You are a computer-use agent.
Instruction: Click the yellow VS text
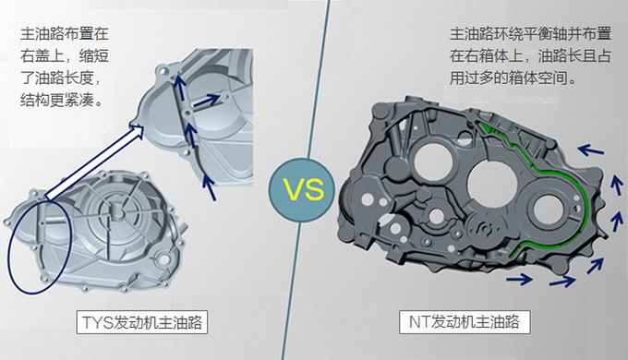click(304, 189)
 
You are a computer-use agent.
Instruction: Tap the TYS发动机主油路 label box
click(142, 322)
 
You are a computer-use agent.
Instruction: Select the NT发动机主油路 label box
click(465, 322)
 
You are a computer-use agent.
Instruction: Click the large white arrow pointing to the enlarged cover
click(95, 162)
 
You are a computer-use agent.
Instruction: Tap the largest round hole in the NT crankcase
click(492, 181)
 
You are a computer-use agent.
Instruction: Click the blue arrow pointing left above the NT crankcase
click(591, 150)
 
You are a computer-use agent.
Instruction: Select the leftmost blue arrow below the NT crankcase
click(519, 279)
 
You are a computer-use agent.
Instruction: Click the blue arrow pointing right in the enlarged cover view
click(207, 101)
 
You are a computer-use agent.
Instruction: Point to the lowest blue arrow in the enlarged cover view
click(209, 187)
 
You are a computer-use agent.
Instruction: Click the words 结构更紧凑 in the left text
click(57, 100)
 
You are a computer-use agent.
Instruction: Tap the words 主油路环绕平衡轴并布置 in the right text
click(530, 34)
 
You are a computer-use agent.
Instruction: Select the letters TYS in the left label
click(97, 322)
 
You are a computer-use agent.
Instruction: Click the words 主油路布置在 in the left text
click(65, 33)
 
